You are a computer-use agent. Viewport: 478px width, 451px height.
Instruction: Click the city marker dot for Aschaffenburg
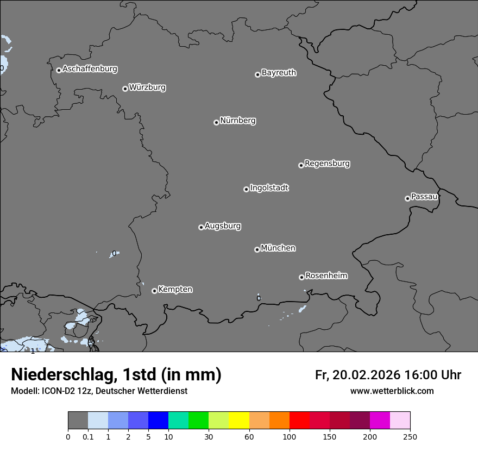(59, 70)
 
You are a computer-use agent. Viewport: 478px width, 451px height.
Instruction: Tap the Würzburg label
(147, 87)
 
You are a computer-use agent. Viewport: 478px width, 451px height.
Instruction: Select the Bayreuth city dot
(257, 74)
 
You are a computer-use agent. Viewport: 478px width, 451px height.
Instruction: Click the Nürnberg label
(238, 121)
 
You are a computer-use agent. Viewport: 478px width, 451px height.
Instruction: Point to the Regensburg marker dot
(301, 165)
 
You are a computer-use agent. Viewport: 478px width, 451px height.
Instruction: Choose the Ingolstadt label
(269, 188)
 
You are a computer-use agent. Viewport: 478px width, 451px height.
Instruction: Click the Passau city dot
(407, 198)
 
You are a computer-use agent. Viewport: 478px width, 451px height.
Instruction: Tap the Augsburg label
(223, 226)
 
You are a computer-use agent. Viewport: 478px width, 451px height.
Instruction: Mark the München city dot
(257, 249)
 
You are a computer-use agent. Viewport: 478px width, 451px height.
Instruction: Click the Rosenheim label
(326, 275)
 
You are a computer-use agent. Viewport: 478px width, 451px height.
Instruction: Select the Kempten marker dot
(154, 291)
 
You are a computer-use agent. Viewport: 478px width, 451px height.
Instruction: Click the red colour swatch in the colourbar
(299, 421)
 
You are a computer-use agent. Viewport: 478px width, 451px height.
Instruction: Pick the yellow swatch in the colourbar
(239, 421)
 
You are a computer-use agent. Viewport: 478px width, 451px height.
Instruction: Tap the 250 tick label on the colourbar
(410, 436)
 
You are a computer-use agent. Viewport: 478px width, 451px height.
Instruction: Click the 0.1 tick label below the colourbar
(88, 436)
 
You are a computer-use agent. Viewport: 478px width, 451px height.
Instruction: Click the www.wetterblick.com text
(392, 391)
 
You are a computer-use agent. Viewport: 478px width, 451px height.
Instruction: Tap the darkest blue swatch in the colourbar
(158, 421)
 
